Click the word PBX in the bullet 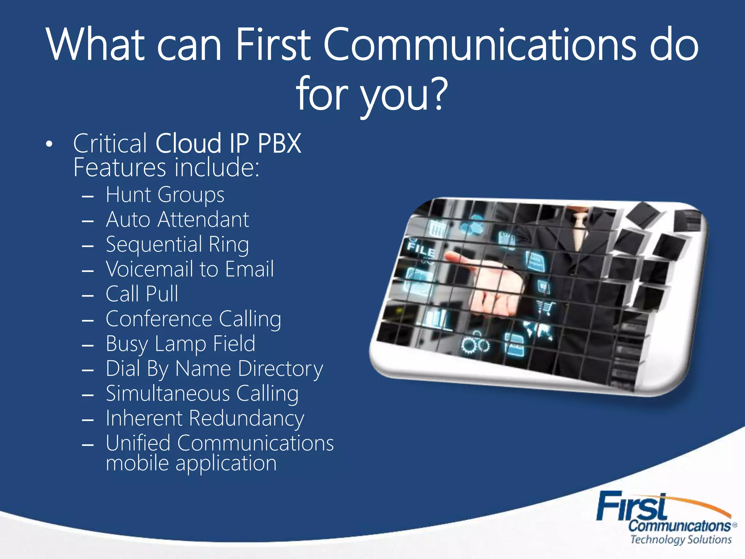point(279,143)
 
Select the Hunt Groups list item point(165,195)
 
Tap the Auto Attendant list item point(177,219)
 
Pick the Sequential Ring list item point(177,244)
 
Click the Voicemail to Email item point(190,269)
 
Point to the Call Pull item point(142,294)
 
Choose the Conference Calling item point(193,319)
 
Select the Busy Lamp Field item point(180,344)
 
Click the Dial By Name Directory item point(214,369)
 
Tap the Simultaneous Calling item point(202,393)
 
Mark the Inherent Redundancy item point(205,418)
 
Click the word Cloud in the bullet point(188,143)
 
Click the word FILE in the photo point(421,248)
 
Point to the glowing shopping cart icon point(546,308)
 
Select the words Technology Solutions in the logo point(681,539)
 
